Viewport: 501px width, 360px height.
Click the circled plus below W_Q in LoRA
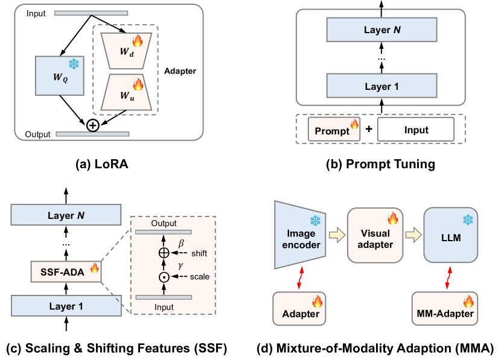92,125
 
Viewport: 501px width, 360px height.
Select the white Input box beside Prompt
415,130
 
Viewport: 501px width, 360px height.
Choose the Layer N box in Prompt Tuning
380,30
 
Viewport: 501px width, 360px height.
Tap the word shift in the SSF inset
199,253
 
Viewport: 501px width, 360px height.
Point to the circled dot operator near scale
164,277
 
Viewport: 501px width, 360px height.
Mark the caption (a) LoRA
100,164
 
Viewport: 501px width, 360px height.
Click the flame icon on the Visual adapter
392,217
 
